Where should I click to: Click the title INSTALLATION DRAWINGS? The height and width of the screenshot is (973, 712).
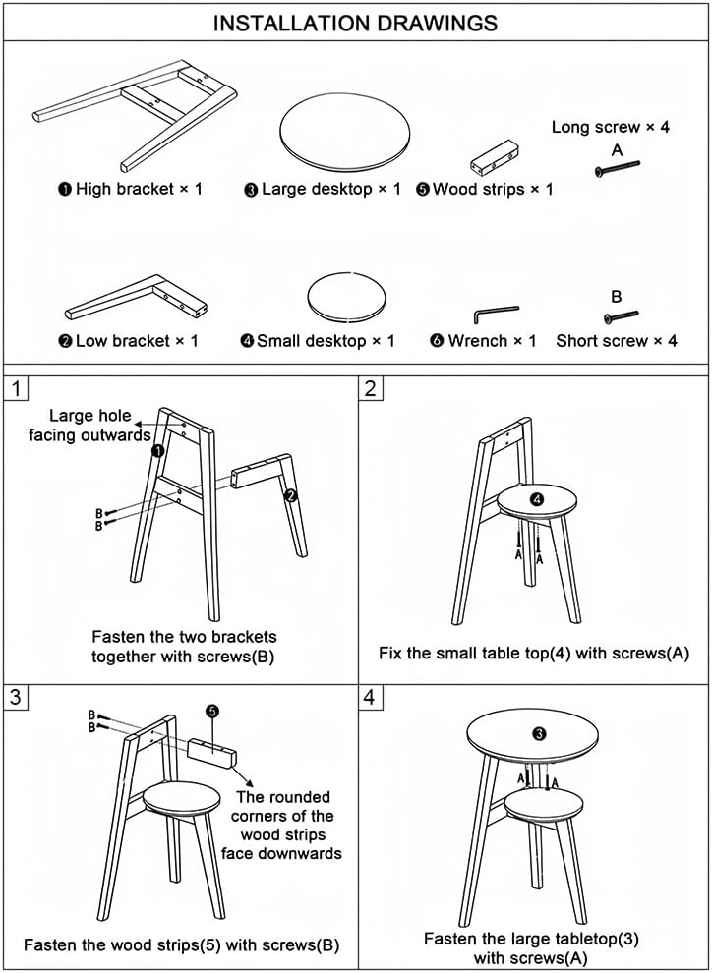(355, 22)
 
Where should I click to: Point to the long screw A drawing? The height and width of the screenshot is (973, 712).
(618, 170)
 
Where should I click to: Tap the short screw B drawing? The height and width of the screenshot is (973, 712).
(620, 316)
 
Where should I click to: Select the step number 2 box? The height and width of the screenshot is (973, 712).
(370, 387)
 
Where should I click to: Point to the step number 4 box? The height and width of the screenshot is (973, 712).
(370, 698)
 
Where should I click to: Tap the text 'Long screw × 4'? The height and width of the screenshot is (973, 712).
(611, 127)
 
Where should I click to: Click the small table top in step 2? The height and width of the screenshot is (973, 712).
(536, 502)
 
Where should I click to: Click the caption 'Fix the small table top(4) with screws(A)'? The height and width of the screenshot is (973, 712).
(532, 652)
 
